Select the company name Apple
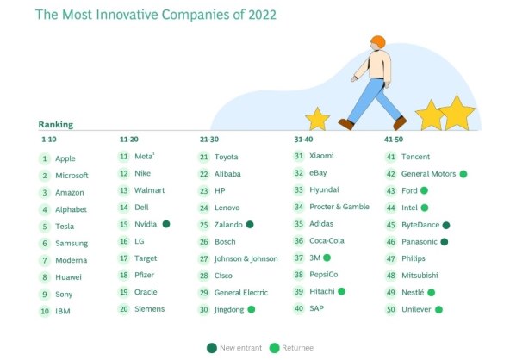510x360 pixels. point(65,158)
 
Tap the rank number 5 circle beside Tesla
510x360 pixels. point(44,227)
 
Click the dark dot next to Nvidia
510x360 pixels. point(166,224)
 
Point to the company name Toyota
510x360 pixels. point(226,157)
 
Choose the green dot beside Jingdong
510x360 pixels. point(252,308)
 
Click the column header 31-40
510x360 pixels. point(304,139)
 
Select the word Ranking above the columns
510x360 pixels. point(56,124)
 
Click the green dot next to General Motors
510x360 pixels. point(463,173)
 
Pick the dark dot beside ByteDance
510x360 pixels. point(445,225)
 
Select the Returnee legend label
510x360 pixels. point(298,347)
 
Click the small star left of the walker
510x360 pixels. point(318,119)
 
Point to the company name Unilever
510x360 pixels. point(416,308)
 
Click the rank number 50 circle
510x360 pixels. point(391,308)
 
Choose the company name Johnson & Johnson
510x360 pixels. point(245,258)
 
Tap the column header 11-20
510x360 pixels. point(129,139)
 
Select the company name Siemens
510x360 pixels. point(149,308)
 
